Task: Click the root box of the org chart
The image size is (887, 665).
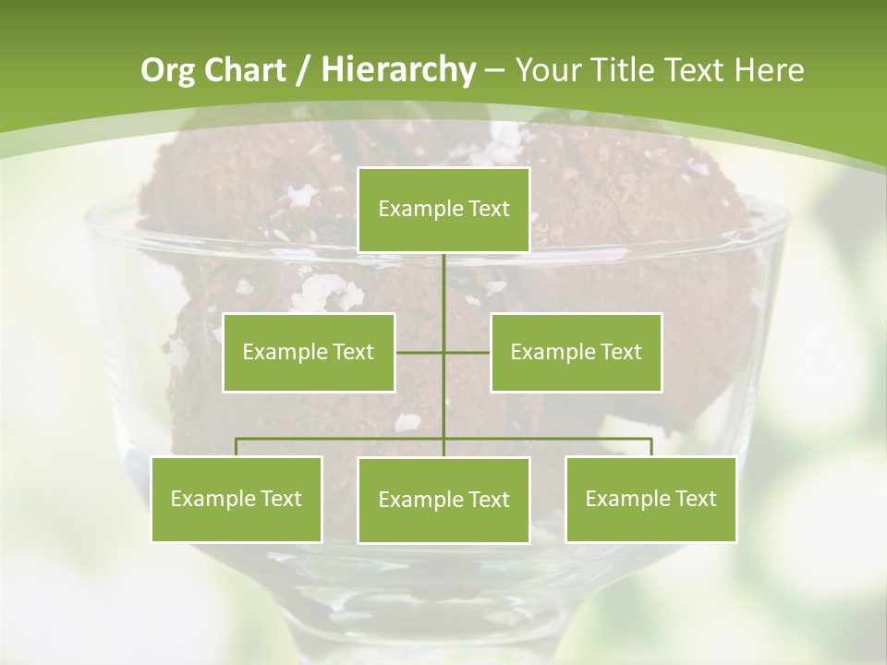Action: (443, 210)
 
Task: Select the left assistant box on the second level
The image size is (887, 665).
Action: (309, 352)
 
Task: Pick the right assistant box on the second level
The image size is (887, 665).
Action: (576, 352)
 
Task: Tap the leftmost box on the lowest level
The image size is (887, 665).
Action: (237, 499)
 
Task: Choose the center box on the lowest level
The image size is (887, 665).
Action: (443, 500)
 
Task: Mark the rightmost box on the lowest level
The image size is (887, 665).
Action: (650, 499)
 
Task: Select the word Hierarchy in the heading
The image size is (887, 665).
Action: (397, 70)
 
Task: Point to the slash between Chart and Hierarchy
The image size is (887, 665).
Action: (304, 71)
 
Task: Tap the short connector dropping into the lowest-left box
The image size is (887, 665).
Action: (237, 447)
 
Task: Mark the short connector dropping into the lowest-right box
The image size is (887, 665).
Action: (650, 447)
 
